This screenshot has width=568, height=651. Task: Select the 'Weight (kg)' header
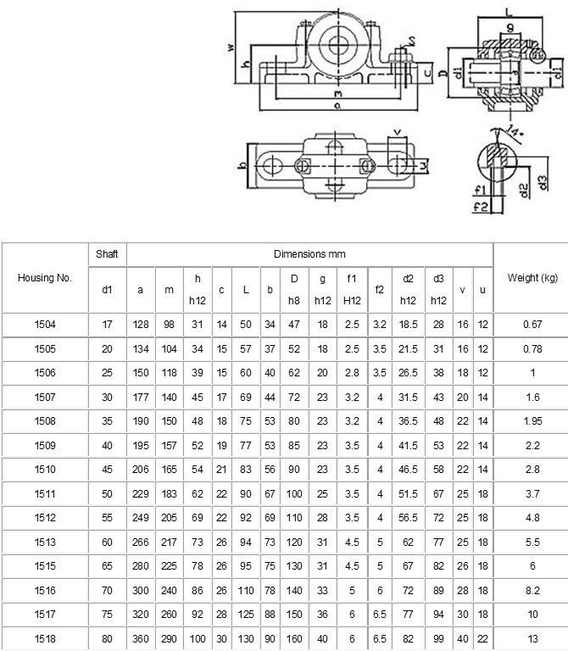point(531,277)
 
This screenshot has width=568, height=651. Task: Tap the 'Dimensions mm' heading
point(309,253)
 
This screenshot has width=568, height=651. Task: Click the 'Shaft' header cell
point(107,253)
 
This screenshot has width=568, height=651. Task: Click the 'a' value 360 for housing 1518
point(140,637)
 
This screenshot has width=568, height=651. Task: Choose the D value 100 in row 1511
point(294,492)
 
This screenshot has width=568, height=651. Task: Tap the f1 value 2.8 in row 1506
point(352,372)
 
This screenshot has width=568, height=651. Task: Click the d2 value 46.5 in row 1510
point(409,469)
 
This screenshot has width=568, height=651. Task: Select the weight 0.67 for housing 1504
point(531,324)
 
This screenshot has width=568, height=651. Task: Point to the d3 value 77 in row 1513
point(438,541)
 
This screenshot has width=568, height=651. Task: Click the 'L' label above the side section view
point(507,11)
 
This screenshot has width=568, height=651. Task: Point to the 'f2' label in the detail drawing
point(480,205)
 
